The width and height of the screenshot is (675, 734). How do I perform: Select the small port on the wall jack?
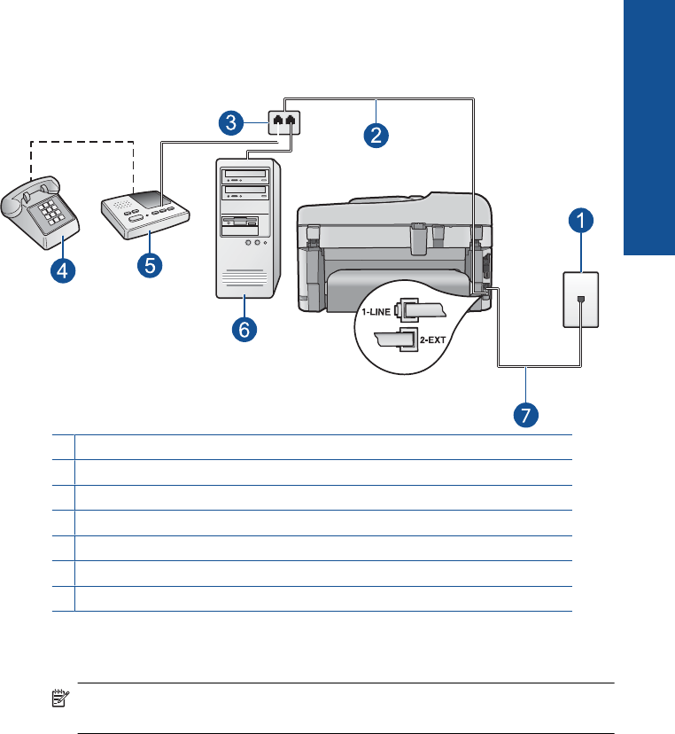[x=579, y=301]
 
